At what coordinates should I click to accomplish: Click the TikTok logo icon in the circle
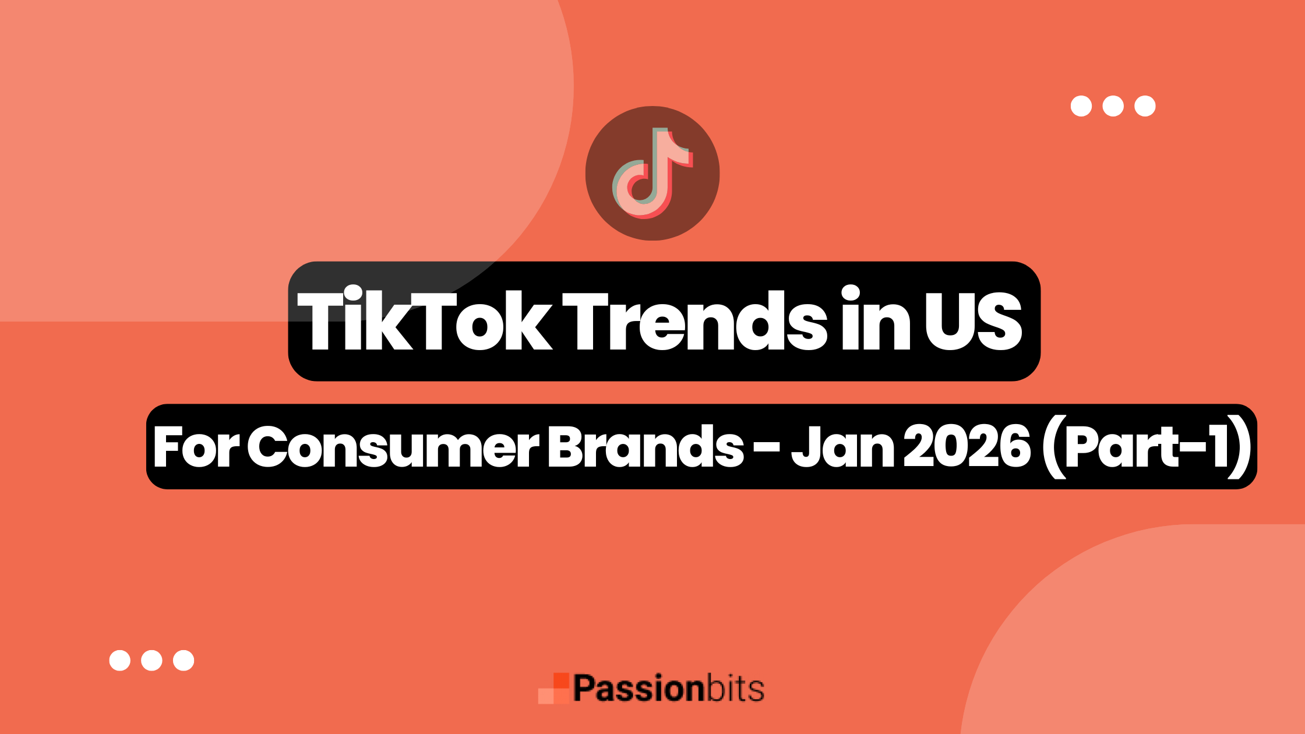pyautogui.click(x=652, y=173)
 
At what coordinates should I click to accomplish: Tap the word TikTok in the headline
pyautogui.click(x=424, y=321)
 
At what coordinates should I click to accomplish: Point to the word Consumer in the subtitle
pyautogui.click(x=393, y=447)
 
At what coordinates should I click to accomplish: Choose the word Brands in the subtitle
pyautogui.click(x=646, y=447)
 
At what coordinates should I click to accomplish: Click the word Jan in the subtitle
pyautogui.click(x=842, y=447)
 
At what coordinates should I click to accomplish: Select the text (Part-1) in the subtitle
pyautogui.click(x=1145, y=447)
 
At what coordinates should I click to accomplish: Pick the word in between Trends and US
pyautogui.click(x=875, y=321)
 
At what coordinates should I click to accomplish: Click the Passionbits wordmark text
pyautogui.click(x=668, y=689)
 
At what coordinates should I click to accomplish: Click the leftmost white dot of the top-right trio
pyautogui.click(x=1081, y=106)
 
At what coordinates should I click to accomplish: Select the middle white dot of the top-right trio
pyautogui.click(x=1113, y=106)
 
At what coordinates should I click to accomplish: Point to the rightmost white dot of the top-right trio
pyautogui.click(x=1145, y=106)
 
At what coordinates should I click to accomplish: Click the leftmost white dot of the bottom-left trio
pyautogui.click(x=120, y=661)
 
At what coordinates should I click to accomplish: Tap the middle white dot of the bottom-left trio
pyautogui.click(x=152, y=661)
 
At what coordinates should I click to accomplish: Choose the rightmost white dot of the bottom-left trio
pyautogui.click(x=184, y=661)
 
